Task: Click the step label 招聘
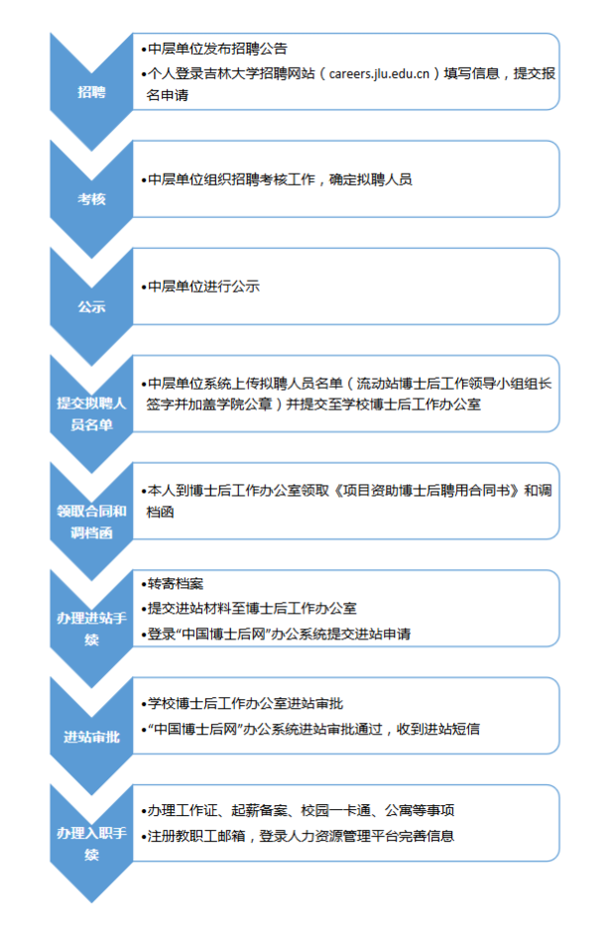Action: pos(91,92)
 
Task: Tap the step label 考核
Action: pos(91,199)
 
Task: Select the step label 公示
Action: pos(91,306)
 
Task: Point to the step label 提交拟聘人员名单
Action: pos(91,414)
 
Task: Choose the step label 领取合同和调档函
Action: pos(91,521)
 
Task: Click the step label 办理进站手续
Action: pos(91,630)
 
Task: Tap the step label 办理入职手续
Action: pos(91,844)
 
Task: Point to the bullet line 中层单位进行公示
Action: pos(202,287)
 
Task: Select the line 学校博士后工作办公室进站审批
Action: pos(244,704)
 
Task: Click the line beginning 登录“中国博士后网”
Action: pos(278,634)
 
